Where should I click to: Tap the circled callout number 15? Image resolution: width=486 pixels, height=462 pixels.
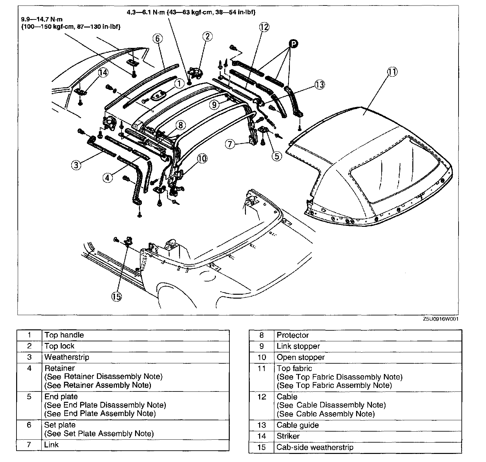[117, 296]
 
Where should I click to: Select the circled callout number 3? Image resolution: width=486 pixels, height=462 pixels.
[76, 165]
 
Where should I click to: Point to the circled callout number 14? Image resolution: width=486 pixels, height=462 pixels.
[103, 73]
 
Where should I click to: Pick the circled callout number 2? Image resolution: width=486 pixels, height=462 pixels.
[207, 36]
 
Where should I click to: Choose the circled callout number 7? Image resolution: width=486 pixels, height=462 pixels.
[230, 144]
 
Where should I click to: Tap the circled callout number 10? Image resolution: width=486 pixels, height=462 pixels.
[202, 158]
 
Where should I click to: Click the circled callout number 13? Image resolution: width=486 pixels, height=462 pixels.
[320, 85]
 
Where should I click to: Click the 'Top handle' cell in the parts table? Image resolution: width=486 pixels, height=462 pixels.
[64, 335]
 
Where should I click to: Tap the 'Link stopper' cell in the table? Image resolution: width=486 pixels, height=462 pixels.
[298, 346]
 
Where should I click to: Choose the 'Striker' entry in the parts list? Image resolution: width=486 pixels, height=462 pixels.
[288, 436]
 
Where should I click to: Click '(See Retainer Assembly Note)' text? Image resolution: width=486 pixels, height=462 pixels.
[98, 385]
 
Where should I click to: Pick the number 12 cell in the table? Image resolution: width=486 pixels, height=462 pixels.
[262, 397]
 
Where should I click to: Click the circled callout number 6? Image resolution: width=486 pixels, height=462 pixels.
[157, 38]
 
